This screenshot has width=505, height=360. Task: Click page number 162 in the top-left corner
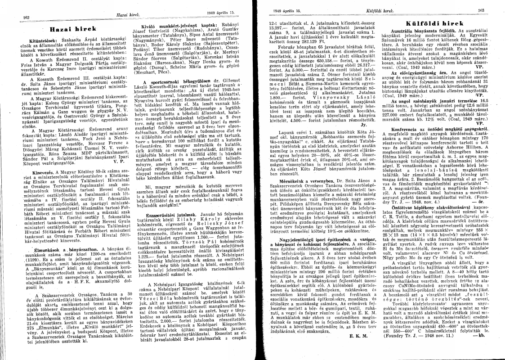point(21,18)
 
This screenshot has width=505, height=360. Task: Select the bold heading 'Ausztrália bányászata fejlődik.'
point(425,31)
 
